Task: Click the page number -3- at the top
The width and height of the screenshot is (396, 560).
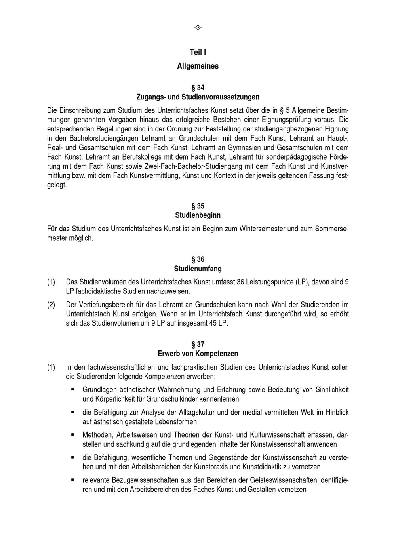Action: tap(198, 27)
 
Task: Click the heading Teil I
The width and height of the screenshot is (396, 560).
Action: tap(198, 52)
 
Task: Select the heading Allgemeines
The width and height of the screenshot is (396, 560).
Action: tap(198, 66)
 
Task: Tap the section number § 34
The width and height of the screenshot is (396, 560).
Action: tap(198, 88)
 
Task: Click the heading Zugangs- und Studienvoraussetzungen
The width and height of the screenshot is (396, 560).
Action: tap(198, 97)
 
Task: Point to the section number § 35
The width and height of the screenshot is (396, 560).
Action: tap(198, 206)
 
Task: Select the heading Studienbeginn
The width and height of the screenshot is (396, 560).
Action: tap(198, 216)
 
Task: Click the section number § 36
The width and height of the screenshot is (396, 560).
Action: tap(198, 259)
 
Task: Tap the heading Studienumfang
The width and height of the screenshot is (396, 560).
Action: tap(198, 269)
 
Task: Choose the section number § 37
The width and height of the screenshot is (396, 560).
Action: tap(198, 345)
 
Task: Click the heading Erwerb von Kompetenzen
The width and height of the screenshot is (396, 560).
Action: tap(198, 354)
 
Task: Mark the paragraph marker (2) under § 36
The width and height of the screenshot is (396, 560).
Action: tap(51, 305)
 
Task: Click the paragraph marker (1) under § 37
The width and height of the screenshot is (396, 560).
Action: tap(51, 368)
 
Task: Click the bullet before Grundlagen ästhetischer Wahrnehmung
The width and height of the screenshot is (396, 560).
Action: tap(73, 390)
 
